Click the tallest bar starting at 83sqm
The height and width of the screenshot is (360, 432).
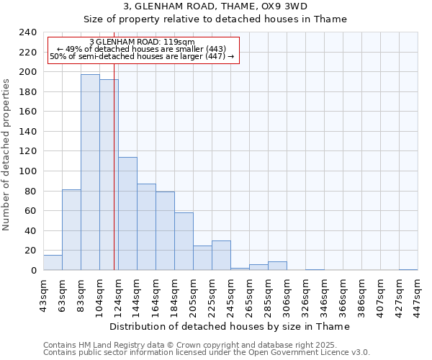pos(90,173)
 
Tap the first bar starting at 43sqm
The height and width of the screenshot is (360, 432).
pos(53,263)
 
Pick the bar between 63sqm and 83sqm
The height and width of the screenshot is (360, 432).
pos(71,230)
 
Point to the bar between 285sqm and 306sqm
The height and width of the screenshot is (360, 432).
pos(277,266)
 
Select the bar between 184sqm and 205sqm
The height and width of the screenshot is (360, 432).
pos(184,241)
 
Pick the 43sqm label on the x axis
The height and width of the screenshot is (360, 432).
pos(43,294)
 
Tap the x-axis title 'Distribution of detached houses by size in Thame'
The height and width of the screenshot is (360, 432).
pos(230,326)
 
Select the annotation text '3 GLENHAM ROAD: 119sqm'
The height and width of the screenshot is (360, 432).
pos(142,42)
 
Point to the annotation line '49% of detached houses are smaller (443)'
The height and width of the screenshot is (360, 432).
pos(142,49)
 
